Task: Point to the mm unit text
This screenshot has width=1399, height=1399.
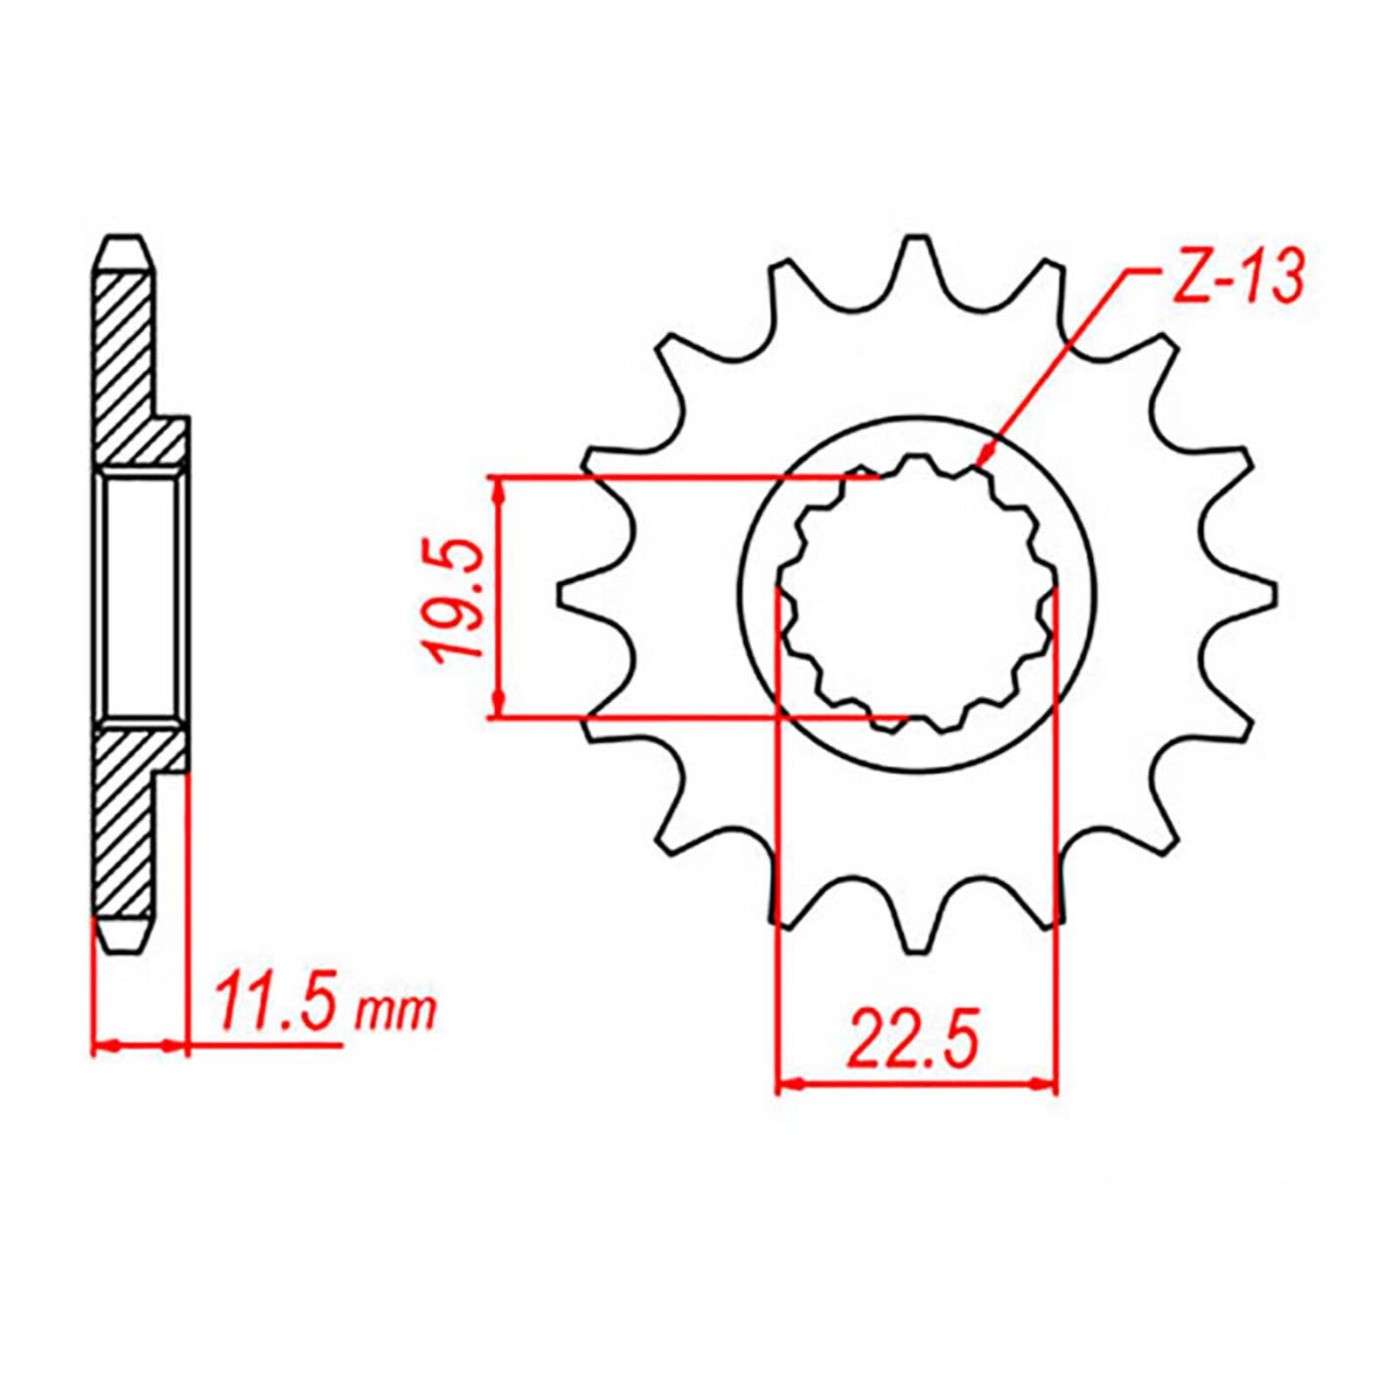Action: pos(394,1013)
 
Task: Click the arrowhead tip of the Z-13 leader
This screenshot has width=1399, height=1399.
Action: pos(981,464)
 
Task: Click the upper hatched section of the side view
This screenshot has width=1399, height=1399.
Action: pos(131,367)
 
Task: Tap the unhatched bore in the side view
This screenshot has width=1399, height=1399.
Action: pos(140,595)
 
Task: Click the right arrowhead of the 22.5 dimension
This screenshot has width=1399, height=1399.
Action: pos(1049,1085)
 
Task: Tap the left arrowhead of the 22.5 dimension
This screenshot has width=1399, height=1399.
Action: pos(785,1085)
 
